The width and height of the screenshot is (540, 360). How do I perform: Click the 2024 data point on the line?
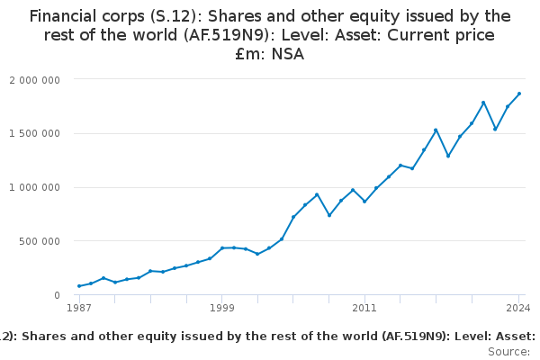(519, 94)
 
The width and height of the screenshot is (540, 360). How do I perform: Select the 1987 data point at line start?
(79, 286)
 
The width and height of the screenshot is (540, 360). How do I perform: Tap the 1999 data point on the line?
(222, 248)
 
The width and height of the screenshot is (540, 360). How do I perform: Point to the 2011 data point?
(364, 201)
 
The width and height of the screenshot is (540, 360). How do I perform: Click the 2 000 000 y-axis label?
(34, 79)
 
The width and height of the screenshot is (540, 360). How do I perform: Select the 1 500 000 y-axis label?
(34, 133)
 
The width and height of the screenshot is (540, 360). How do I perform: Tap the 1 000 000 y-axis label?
(34, 187)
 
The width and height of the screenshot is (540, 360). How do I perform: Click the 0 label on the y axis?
(56, 295)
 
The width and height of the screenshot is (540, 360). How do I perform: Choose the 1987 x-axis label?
(79, 309)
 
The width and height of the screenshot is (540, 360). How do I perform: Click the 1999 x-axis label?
(222, 309)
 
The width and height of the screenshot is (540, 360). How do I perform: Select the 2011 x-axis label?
(364, 309)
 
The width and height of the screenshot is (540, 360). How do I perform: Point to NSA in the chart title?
(287, 54)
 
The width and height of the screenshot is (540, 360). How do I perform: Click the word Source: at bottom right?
(508, 352)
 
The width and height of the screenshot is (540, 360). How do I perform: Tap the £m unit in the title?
(246, 54)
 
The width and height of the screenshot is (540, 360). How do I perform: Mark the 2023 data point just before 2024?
(508, 107)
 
